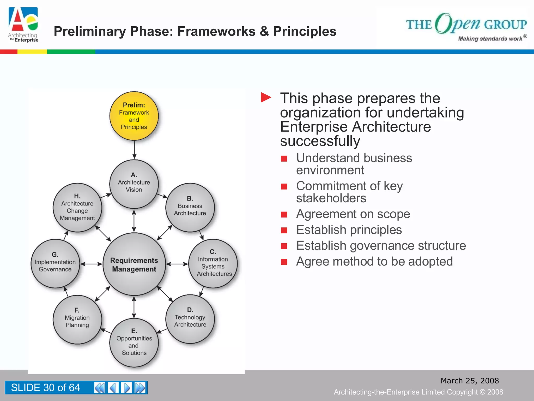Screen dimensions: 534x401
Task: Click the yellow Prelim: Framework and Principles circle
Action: click(x=134, y=116)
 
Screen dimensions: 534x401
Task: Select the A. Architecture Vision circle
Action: click(x=134, y=184)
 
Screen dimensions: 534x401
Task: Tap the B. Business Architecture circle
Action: click(x=190, y=207)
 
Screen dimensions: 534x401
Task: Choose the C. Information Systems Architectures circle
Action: click(x=213, y=263)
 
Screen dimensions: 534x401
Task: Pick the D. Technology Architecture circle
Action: click(x=190, y=319)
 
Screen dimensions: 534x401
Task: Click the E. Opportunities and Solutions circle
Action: click(x=134, y=342)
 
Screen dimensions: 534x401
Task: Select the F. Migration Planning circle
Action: click(x=77, y=319)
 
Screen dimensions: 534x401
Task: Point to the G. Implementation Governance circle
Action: click(x=55, y=263)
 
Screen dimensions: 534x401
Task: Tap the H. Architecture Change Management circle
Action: click(x=77, y=207)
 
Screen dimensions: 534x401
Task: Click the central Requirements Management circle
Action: click(x=134, y=264)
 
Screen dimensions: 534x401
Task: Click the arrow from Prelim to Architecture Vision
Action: click(x=134, y=150)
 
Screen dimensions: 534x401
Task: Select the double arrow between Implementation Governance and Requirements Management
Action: click(x=91, y=264)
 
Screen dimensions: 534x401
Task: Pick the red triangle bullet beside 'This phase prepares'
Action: click(x=266, y=98)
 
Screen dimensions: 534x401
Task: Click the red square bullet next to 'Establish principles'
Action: click(x=284, y=230)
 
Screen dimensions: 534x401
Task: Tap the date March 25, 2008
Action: click(x=470, y=381)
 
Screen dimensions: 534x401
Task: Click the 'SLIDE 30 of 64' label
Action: click(x=45, y=388)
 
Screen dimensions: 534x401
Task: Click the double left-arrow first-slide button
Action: click(x=100, y=388)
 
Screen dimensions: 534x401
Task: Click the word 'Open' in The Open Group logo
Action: click(x=458, y=23)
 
